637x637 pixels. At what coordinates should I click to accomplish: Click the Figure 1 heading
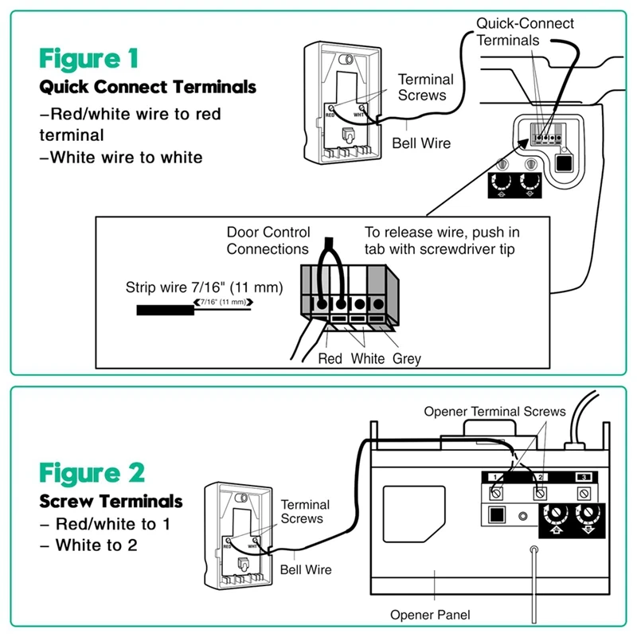pos(89,59)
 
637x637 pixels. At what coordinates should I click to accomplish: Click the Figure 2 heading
pos(92,472)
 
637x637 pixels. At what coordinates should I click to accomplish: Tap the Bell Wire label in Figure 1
pos(421,144)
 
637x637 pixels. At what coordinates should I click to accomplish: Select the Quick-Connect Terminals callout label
pos(525,31)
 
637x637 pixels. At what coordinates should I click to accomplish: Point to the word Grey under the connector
pos(406,359)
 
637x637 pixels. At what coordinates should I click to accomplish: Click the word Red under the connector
pos(330,359)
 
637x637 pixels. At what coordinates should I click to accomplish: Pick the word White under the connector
pos(368,359)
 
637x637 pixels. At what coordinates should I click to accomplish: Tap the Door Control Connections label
pos(267,240)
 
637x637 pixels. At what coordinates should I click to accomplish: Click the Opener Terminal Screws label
pos(494,412)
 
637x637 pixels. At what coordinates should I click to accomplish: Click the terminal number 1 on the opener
pos(494,476)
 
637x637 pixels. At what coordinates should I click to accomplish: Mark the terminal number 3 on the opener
pos(585,476)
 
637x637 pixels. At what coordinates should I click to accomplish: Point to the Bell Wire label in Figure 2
pos(306,570)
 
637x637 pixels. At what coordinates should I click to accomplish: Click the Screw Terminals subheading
pos(111,502)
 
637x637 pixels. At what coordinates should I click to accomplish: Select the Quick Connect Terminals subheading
pos(148,86)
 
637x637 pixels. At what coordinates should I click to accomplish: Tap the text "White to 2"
pos(96,545)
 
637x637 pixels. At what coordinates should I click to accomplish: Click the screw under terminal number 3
pos(585,494)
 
